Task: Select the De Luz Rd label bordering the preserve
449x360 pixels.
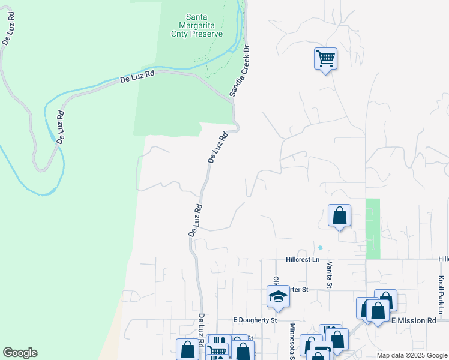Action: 137,77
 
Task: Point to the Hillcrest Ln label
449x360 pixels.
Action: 303,259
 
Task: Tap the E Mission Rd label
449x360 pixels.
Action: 414,321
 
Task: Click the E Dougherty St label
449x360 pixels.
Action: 255,320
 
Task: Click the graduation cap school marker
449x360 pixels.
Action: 278,296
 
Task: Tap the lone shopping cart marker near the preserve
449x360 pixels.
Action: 325,59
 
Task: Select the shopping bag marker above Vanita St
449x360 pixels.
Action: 339,215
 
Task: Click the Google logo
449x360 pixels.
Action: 20,353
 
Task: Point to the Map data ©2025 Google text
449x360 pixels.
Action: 411,355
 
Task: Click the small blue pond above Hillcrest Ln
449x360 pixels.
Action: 320,247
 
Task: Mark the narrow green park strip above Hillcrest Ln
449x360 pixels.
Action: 373,228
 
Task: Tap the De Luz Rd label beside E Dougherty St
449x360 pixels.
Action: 202,327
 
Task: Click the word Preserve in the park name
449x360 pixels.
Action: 206,34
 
